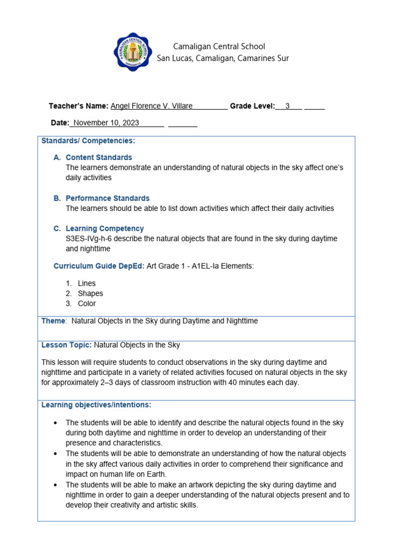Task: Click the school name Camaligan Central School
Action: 219,47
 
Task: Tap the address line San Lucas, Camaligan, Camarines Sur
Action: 223,58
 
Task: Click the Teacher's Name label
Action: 78,106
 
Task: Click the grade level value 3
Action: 287,106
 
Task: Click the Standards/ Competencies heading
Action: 88,141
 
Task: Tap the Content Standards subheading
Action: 99,157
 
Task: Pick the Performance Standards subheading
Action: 108,198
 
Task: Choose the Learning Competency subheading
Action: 105,228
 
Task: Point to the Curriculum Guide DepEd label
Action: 99,266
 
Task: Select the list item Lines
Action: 86,283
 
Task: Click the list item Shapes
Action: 90,293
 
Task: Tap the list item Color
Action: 86,304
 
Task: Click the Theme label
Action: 53,321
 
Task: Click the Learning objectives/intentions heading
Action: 96,405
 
